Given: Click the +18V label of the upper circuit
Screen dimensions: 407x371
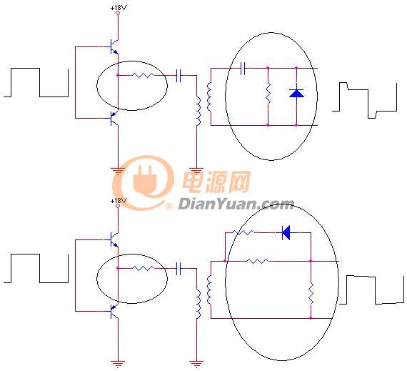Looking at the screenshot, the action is pos(119,8).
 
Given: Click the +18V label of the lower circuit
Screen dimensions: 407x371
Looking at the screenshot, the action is pos(119,201).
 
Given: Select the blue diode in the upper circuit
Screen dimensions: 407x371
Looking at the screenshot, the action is pos(296,93).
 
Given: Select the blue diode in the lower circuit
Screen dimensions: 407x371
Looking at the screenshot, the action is pos(286,232).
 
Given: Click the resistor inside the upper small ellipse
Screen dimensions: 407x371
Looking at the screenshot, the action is pos(143,75).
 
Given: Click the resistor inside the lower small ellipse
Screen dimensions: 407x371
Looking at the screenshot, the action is pos(143,268).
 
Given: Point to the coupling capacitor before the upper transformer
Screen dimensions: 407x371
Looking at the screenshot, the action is pos(179,75).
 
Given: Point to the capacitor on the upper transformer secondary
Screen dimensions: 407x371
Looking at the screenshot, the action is pos(243,69).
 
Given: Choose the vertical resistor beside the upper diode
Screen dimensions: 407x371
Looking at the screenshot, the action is pos(268,93).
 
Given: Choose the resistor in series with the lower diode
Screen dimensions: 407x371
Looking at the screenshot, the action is pos(243,232).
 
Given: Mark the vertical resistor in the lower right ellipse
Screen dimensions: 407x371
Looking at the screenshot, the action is pos(311,294).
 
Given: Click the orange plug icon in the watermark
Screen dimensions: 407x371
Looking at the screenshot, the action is pos(144,180).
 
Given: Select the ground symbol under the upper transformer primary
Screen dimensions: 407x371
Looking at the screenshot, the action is pos(196,172).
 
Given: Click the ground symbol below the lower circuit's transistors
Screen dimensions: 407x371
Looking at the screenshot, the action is pos(118,364).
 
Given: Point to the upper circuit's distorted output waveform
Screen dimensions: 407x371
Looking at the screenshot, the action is pos(365,100).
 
